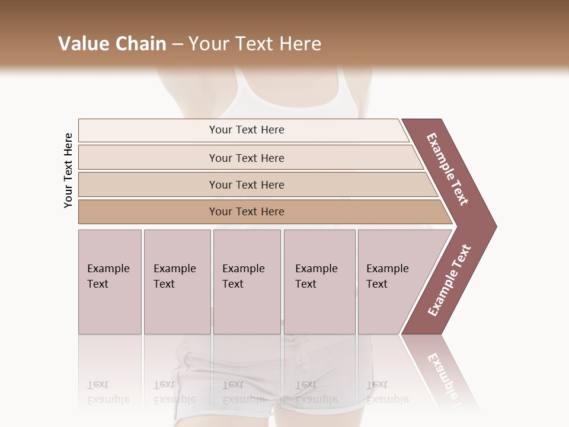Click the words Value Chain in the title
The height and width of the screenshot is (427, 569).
click(x=112, y=44)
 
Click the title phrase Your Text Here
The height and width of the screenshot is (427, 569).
click(x=255, y=44)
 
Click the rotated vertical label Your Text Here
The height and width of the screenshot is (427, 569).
click(x=68, y=170)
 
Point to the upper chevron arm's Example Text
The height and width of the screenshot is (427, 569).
click(x=447, y=169)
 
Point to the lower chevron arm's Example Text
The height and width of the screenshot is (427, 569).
click(x=449, y=281)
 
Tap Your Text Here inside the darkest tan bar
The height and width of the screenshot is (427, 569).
click(x=247, y=212)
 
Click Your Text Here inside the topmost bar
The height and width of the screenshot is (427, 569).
click(x=247, y=130)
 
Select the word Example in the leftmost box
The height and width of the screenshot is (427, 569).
click(x=108, y=269)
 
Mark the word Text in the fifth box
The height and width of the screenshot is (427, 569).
click(x=377, y=284)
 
